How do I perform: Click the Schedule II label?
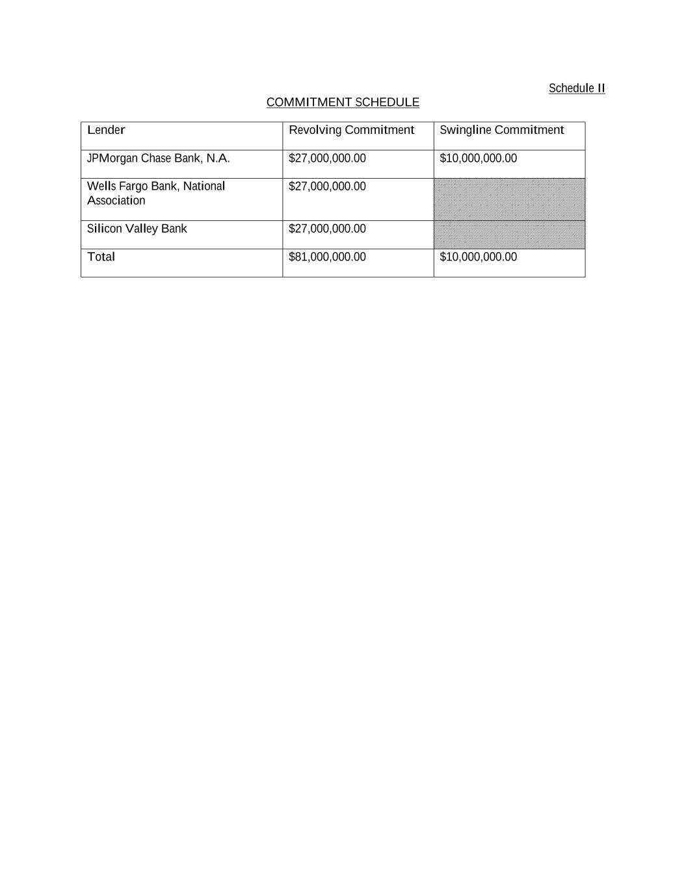coord(576,88)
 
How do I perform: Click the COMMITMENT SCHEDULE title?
coord(343,102)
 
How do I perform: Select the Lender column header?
coord(106,130)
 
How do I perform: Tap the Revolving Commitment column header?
coord(351,130)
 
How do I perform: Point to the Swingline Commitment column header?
coord(501,130)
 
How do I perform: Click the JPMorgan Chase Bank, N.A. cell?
coord(158,159)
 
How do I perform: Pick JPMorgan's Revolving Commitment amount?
coord(327,159)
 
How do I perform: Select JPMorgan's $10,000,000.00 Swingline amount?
coord(478,159)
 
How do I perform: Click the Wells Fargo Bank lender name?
coord(156,186)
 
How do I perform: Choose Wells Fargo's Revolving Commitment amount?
coord(327,186)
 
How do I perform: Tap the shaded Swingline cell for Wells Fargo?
coord(509,199)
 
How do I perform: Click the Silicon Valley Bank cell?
coord(137,229)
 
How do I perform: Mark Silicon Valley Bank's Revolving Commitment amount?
coord(327,229)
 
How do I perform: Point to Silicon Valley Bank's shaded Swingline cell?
coord(509,235)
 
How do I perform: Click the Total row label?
coord(101,257)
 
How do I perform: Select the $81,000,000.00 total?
coord(327,257)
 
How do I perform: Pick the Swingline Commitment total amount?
coord(478,257)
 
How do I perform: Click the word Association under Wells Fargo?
coord(116,201)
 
